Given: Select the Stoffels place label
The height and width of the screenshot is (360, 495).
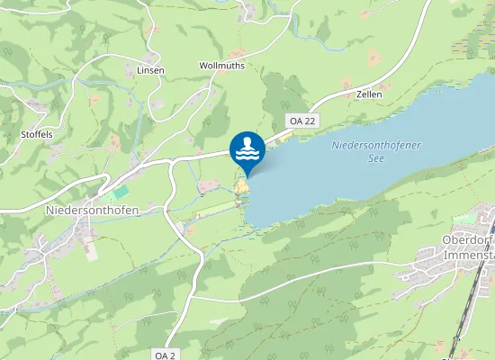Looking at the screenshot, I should pyautogui.click(x=37, y=134).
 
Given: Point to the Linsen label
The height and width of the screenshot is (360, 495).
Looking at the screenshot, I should pyautogui.click(x=150, y=70).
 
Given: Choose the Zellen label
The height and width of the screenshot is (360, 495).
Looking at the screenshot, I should pyautogui.click(x=369, y=94).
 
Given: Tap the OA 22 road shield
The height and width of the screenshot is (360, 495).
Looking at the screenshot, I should pyautogui.click(x=302, y=121).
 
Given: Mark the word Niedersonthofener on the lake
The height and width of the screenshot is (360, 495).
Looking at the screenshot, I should pyautogui.click(x=376, y=145).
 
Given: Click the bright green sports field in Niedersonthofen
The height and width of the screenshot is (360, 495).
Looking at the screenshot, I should pyautogui.click(x=119, y=192).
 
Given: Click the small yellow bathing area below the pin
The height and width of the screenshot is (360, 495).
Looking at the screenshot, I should pyautogui.click(x=241, y=188).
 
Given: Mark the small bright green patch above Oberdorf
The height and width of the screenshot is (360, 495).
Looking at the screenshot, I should pyautogui.click(x=464, y=219).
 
